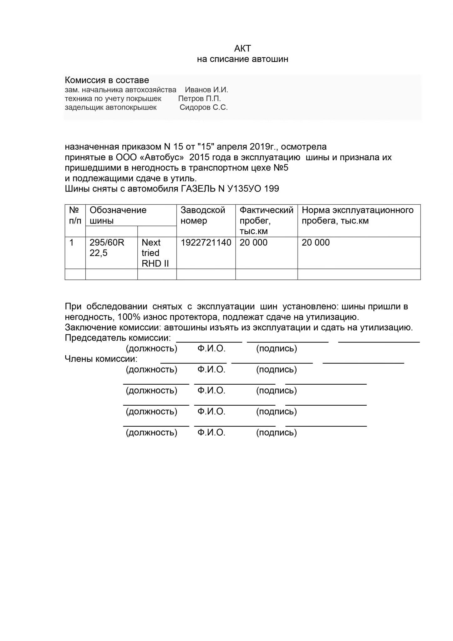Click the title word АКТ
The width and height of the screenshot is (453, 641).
tap(242, 49)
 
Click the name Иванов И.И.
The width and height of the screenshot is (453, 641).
tap(206, 90)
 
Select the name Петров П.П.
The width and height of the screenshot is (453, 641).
tap(200, 99)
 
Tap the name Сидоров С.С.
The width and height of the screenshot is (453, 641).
tap(204, 107)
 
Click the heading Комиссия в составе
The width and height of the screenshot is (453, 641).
tap(107, 80)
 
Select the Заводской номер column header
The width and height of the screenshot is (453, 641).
tap(203, 215)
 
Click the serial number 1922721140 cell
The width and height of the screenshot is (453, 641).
tap(206, 243)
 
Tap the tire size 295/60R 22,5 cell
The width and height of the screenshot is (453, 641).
tap(107, 248)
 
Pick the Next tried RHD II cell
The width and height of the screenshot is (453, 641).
tap(155, 253)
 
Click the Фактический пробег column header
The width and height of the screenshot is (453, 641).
tap(266, 220)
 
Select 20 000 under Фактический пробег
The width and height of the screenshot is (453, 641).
tap(253, 243)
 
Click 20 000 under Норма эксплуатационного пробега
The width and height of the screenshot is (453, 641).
tap(316, 243)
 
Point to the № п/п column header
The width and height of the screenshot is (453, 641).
tap(75, 215)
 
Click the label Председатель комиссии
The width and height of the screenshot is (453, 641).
tap(118, 338)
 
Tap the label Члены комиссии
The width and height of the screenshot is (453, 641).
tap(101, 359)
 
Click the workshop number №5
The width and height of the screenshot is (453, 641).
tap(281, 168)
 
